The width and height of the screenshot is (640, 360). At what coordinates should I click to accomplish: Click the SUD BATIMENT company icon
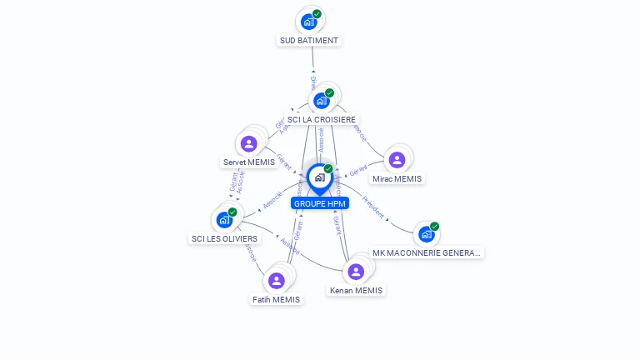click(x=309, y=21)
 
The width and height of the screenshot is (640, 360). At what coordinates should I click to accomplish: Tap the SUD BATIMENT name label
click(x=310, y=40)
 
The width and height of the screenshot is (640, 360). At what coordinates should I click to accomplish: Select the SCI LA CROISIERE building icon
click(x=322, y=101)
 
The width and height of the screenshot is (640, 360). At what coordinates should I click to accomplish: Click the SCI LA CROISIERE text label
click(x=322, y=120)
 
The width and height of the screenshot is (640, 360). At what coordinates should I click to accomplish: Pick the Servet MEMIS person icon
click(x=248, y=143)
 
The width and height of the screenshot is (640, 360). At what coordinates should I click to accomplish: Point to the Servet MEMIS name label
click(x=249, y=162)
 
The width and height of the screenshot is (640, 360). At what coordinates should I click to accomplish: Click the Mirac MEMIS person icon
click(x=397, y=159)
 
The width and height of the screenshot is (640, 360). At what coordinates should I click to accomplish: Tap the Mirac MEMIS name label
click(x=397, y=178)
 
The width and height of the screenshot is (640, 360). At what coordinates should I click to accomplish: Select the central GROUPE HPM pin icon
click(x=319, y=177)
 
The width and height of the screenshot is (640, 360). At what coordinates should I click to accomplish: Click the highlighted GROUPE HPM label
click(x=320, y=203)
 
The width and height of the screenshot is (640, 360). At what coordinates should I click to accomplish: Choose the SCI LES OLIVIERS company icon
click(x=224, y=219)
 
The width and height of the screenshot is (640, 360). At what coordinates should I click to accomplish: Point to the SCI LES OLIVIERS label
click(x=225, y=238)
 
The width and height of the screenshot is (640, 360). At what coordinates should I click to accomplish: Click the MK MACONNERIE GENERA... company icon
click(x=427, y=234)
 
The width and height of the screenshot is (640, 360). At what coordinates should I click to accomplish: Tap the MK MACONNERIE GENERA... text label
click(x=427, y=252)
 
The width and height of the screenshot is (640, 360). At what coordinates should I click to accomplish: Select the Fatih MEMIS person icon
click(x=277, y=281)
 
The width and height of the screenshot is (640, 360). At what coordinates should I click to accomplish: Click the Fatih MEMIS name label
click(x=277, y=299)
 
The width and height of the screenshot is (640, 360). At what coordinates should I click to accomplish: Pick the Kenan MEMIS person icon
click(x=356, y=272)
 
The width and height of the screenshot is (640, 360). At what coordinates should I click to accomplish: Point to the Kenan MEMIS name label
click(x=357, y=291)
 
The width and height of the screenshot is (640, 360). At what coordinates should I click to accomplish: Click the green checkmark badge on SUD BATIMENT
click(x=317, y=13)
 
